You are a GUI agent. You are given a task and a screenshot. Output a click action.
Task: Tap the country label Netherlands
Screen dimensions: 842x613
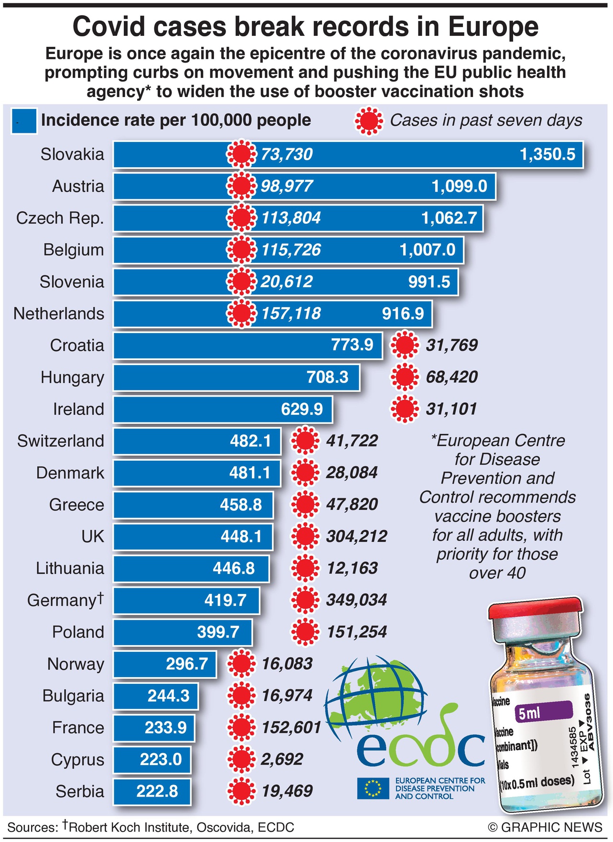point(59,313)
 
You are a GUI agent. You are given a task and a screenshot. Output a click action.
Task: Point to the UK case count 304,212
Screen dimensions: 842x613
point(356,536)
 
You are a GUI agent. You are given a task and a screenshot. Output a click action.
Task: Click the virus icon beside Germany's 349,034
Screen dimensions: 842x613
point(305,600)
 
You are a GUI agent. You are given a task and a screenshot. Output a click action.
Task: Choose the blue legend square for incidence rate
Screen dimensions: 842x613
point(24,121)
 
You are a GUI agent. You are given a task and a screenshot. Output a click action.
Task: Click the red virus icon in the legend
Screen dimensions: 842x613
point(369,121)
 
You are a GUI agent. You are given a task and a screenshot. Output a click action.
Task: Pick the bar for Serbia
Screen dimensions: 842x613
point(152,791)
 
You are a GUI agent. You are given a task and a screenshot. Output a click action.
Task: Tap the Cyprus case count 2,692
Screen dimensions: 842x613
point(282,759)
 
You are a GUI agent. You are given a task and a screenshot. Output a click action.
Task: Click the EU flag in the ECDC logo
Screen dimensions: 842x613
point(373,788)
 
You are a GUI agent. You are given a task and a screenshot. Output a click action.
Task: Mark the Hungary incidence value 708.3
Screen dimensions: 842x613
point(327,377)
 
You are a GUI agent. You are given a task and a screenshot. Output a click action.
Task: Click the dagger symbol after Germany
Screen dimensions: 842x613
point(100,597)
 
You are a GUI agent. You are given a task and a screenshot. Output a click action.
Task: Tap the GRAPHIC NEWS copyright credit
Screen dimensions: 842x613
point(545,828)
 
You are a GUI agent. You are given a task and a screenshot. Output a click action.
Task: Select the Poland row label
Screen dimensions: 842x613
point(78,632)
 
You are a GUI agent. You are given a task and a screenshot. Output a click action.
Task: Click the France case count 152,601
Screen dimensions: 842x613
point(291,727)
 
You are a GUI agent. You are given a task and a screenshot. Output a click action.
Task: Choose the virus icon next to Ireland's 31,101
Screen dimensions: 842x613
point(405,409)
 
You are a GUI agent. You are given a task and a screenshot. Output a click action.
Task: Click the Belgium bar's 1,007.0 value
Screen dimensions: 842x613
point(427,250)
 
